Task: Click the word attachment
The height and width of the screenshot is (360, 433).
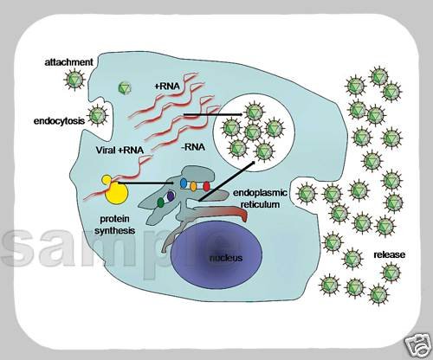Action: click(68, 62)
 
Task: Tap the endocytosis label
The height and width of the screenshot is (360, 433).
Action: click(59, 121)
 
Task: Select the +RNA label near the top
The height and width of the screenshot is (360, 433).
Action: click(167, 86)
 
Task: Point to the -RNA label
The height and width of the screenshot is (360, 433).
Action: click(193, 147)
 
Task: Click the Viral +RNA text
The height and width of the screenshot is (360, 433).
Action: click(120, 150)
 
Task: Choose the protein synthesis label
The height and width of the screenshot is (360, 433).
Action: click(115, 225)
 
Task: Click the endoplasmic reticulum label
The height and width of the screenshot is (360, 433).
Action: click(260, 198)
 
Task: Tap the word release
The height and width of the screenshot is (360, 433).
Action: click(390, 254)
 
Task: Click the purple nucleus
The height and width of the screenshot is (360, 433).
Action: click(216, 254)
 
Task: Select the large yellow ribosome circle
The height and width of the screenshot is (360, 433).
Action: click(116, 194)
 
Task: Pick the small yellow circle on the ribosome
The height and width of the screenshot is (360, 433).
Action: click(107, 180)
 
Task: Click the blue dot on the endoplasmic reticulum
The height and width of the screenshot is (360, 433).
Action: click(184, 183)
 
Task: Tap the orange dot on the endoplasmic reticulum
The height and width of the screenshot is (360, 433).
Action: click(193, 186)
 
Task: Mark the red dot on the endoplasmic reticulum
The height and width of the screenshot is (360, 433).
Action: click(206, 187)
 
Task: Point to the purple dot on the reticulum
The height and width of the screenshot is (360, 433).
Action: click(171, 196)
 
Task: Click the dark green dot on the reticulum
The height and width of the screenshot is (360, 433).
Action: click(161, 202)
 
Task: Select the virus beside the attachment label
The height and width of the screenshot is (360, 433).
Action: click(74, 79)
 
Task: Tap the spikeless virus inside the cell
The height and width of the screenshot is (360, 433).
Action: click(125, 87)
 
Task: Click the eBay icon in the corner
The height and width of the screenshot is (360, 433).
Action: click(417, 345)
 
